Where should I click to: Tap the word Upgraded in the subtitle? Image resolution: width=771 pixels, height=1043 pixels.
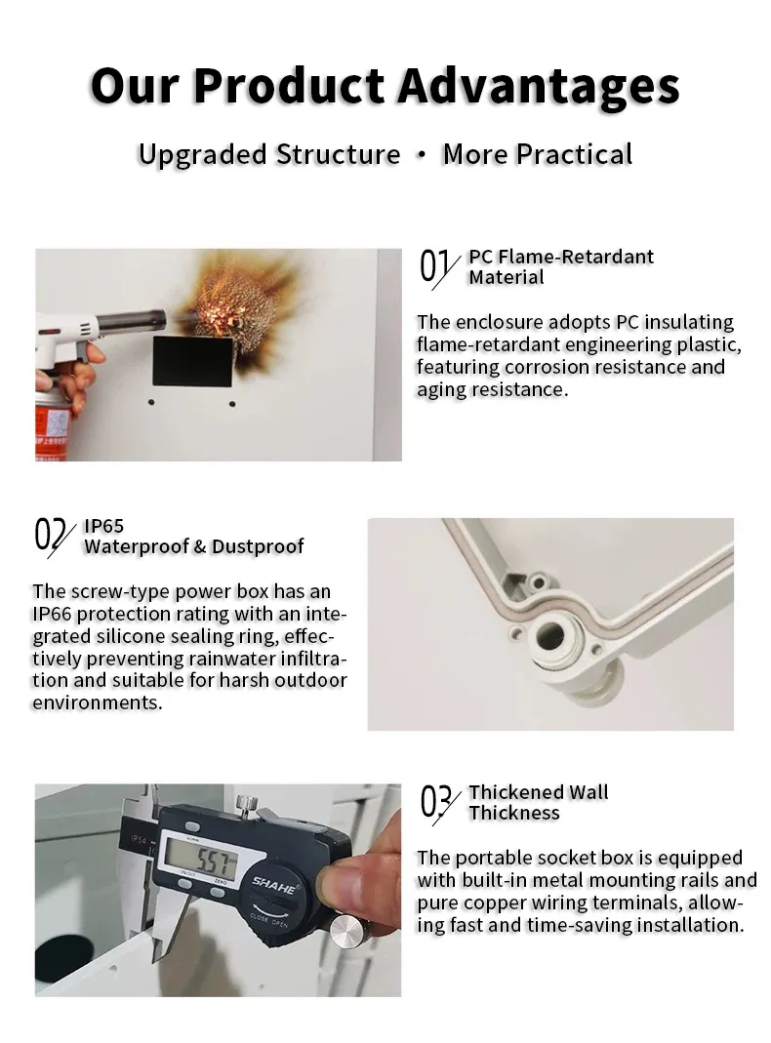coord(203,155)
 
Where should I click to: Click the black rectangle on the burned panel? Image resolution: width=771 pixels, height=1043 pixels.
coord(192,361)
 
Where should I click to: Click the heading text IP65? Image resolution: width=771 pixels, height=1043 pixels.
coord(103,526)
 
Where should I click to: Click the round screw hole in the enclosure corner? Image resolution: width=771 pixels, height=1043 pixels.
coord(550,632)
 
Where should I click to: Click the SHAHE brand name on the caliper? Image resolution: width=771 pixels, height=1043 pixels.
coord(275,885)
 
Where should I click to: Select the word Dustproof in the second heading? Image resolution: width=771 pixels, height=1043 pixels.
coord(258,546)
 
